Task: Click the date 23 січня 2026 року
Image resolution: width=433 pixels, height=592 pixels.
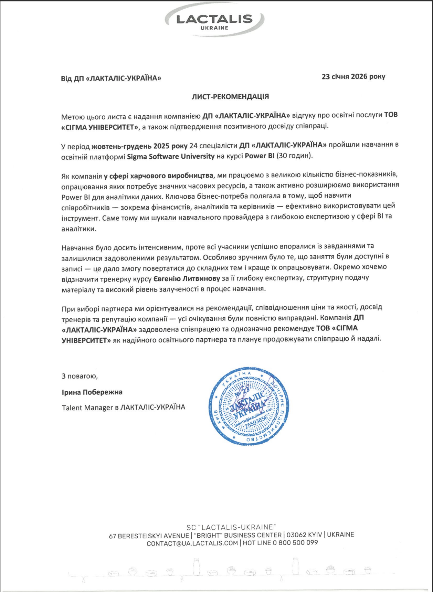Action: tap(353, 76)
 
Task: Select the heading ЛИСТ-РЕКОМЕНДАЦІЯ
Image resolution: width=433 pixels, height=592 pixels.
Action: tap(230, 96)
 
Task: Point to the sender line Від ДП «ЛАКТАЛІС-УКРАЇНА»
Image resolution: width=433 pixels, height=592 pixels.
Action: tap(111, 78)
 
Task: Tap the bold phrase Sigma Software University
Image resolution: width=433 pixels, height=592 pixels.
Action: tap(171, 156)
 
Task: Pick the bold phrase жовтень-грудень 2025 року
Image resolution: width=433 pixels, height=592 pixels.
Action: tap(139, 146)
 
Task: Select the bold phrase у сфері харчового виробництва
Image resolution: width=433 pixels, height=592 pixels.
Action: tap(158, 176)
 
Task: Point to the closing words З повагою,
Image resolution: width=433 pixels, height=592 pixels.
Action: tap(80, 376)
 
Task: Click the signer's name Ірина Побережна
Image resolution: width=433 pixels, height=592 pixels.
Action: tap(92, 392)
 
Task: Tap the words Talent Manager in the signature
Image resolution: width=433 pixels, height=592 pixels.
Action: tap(87, 408)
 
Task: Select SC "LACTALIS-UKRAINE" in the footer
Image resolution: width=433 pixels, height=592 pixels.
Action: tap(231, 527)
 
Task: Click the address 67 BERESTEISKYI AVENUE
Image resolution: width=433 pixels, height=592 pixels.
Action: tap(149, 536)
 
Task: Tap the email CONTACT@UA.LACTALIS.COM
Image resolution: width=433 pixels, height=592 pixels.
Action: tap(192, 543)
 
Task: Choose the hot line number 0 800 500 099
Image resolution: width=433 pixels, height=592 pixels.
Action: tap(295, 543)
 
